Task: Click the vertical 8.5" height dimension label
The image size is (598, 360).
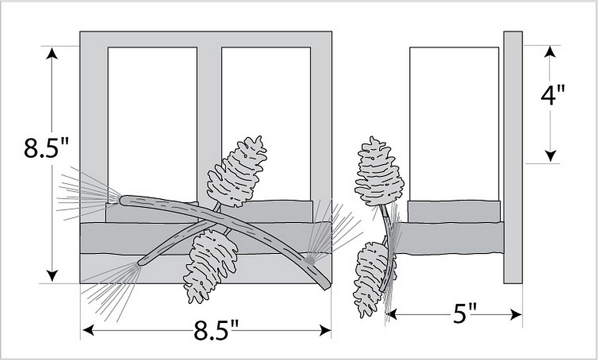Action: (x=46, y=147)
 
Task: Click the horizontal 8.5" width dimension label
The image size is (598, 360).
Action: (x=216, y=330)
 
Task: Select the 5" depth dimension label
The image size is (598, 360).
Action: (x=465, y=314)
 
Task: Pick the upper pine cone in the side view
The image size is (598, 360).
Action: (x=378, y=172)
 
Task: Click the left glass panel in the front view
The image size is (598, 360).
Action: (x=152, y=124)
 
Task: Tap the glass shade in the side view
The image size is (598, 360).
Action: (x=454, y=124)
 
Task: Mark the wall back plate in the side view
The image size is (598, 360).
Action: (x=513, y=157)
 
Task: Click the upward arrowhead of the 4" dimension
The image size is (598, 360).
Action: (x=550, y=51)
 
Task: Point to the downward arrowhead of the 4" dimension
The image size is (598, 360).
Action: (x=550, y=156)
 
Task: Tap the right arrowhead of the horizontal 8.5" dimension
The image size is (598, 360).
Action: (x=325, y=330)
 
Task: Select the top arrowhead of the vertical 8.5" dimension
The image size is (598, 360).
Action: (x=52, y=53)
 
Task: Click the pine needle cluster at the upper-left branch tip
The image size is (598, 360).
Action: (x=88, y=194)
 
